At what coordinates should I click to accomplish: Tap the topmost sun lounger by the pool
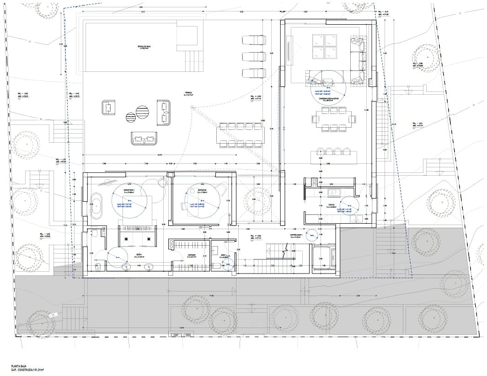coord(254,41)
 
